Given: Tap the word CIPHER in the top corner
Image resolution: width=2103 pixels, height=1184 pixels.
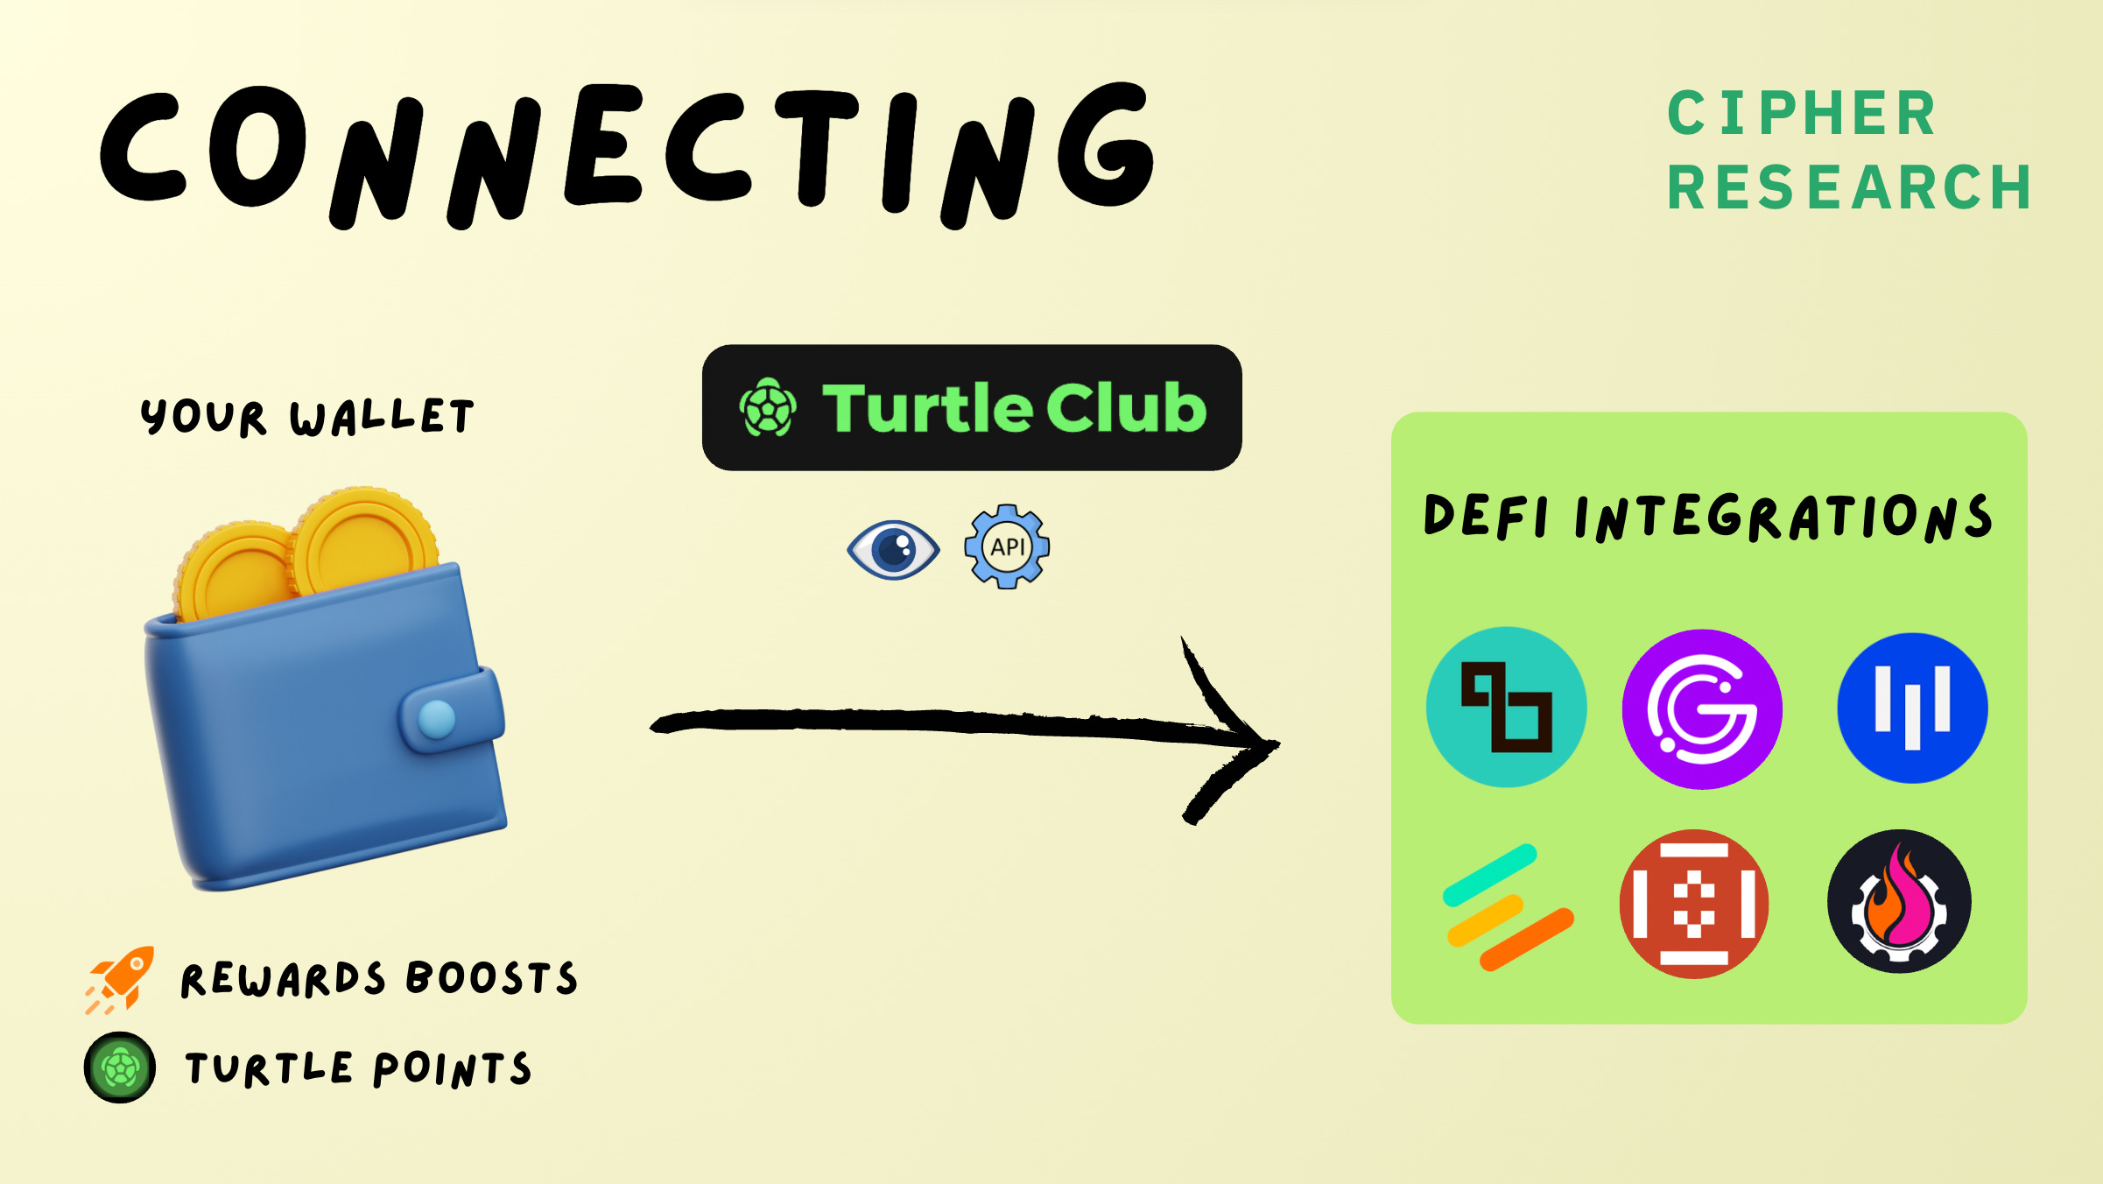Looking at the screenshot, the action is (1802, 114).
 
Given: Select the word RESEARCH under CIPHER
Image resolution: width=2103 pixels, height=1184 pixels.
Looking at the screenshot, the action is (1849, 188).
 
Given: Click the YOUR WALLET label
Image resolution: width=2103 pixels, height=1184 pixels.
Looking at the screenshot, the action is (306, 416).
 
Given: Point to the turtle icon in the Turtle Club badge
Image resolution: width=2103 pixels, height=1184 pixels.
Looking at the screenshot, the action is (768, 408).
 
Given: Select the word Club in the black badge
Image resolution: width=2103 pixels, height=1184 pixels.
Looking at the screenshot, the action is (1126, 408).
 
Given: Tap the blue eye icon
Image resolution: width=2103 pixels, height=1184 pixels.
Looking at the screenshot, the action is (893, 550).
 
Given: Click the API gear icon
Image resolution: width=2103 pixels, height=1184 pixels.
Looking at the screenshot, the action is (1007, 546).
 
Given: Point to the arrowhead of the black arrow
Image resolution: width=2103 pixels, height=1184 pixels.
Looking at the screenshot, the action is (1252, 743).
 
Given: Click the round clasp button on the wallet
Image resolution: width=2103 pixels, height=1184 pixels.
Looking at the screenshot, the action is (437, 719).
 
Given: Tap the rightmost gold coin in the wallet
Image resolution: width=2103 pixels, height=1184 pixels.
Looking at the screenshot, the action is (363, 543).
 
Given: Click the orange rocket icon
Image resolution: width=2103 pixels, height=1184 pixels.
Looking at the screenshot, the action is (121, 979).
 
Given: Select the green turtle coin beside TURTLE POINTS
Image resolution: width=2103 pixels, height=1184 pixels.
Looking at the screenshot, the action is (120, 1068).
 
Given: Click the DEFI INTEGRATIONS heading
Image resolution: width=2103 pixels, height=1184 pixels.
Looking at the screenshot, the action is (1708, 517).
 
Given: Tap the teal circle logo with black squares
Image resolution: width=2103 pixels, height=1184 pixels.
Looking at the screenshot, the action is (1506, 707).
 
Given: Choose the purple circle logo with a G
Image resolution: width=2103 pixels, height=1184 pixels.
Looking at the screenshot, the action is (1702, 709).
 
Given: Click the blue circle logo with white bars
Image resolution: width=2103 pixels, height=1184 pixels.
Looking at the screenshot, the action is (1912, 708).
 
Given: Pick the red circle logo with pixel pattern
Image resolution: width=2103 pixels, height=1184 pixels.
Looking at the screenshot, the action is (1694, 904).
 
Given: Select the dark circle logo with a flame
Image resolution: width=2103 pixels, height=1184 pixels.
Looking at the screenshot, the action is (1899, 901).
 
